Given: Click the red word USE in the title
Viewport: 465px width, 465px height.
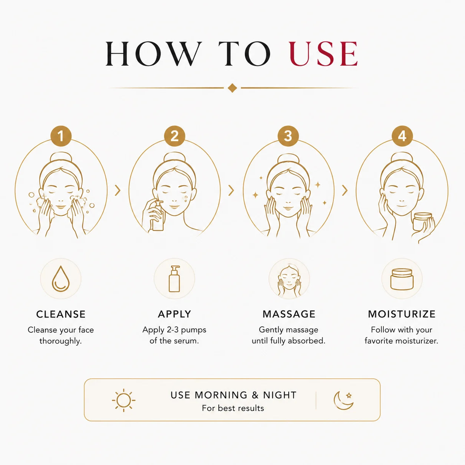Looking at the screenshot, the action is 323,53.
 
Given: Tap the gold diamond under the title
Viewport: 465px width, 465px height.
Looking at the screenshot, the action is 232,88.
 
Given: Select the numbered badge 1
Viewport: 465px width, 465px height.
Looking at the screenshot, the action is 61,136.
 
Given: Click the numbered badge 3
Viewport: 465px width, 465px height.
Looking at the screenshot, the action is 288,136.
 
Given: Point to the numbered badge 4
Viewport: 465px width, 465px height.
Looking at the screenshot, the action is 402,136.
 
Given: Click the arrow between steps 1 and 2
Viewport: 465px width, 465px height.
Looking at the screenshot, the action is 118,190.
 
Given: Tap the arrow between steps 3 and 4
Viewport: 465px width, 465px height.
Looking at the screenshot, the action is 345,190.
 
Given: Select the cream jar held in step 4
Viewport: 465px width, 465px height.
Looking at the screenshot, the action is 422,221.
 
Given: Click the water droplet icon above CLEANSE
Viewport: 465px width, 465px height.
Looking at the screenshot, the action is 61,279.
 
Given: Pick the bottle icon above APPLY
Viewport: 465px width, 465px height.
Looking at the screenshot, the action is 174,279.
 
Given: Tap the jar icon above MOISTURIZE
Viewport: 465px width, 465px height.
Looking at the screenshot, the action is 402,279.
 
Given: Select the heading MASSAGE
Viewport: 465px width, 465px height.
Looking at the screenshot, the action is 289,314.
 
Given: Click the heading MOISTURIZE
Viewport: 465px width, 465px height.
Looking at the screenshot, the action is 402,314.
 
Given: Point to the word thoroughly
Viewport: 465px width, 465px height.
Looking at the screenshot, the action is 60,341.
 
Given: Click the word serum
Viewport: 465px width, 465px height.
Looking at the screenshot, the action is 186,341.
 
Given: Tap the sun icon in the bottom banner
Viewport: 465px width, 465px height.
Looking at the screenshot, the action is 123,400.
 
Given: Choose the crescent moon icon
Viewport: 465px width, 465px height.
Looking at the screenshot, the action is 343,400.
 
